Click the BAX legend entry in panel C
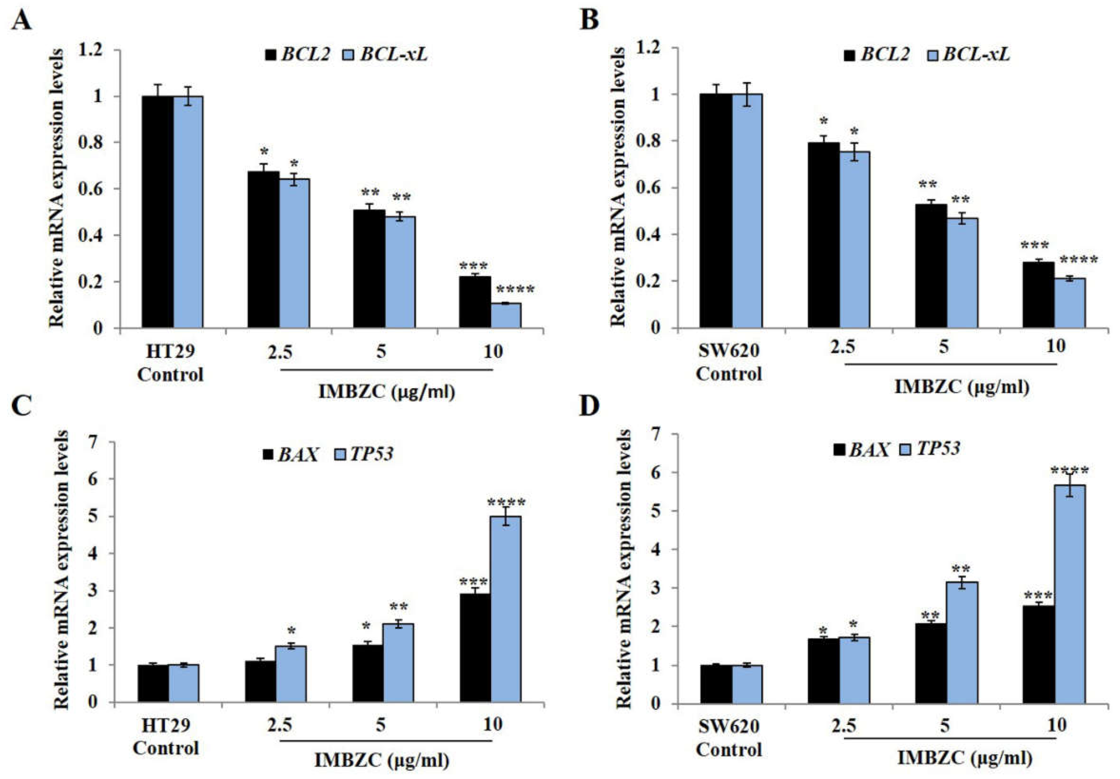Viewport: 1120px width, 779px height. [291, 455]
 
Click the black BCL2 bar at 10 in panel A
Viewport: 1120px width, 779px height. [475, 302]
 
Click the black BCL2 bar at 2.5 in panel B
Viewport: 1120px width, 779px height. [823, 235]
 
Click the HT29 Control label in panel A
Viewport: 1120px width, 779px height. [170, 363]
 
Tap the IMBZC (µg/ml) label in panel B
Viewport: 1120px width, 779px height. [962, 387]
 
